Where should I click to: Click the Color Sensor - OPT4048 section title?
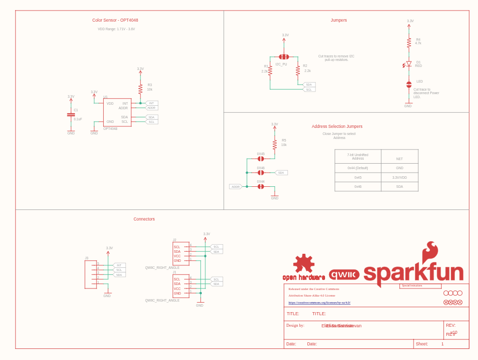[x=115, y=20]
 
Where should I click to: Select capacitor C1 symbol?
[x=71, y=115]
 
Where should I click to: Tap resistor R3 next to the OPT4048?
[x=140, y=89]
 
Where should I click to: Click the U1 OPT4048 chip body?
[x=117, y=112]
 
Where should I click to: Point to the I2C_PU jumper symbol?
[x=284, y=57]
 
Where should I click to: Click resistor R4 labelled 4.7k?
[x=409, y=43]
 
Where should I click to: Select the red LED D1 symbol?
[x=409, y=64]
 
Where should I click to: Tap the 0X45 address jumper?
[x=261, y=159]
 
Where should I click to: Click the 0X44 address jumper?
[x=261, y=186]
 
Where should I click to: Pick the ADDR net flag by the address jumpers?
[x=235, y=187]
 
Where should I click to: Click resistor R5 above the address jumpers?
[x=275, y=145]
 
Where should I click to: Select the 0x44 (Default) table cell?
[x=358, y=168]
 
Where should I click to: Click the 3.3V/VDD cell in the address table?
[x=400, y=177]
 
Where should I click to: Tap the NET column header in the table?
[x=400, y=159]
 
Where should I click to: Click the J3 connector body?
[x=91, y=274]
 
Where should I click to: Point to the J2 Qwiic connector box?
[x=181, y=253]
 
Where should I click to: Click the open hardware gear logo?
[x=303, y=264]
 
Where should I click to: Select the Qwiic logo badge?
[x=344, y=275]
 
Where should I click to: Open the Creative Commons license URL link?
[x=320, y=303]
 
